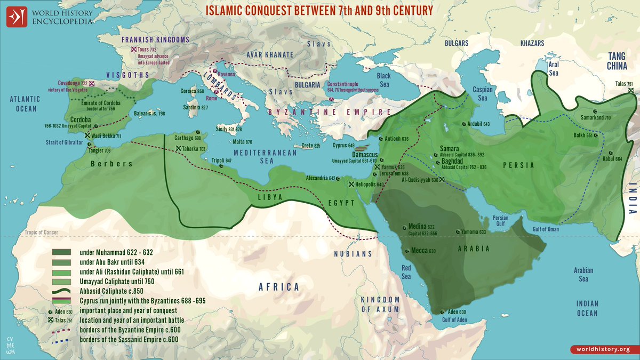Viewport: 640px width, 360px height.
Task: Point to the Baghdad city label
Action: tap(454, 161)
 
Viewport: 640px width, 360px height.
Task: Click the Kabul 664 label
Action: tap(611, 159)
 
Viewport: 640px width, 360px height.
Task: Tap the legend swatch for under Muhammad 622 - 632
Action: tap(62, 252)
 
